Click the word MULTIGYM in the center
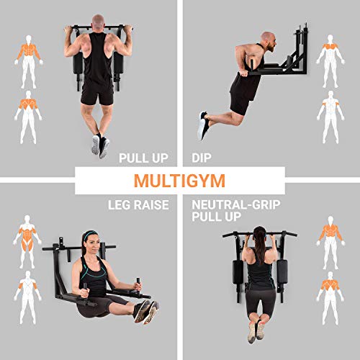click(x=180, y=180)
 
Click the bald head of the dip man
click(x=269, y=39)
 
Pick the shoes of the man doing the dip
click(x=204, y=125)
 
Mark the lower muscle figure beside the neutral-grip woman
click(x=330, y=296)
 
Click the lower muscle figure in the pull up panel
click(x=29, y=115)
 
